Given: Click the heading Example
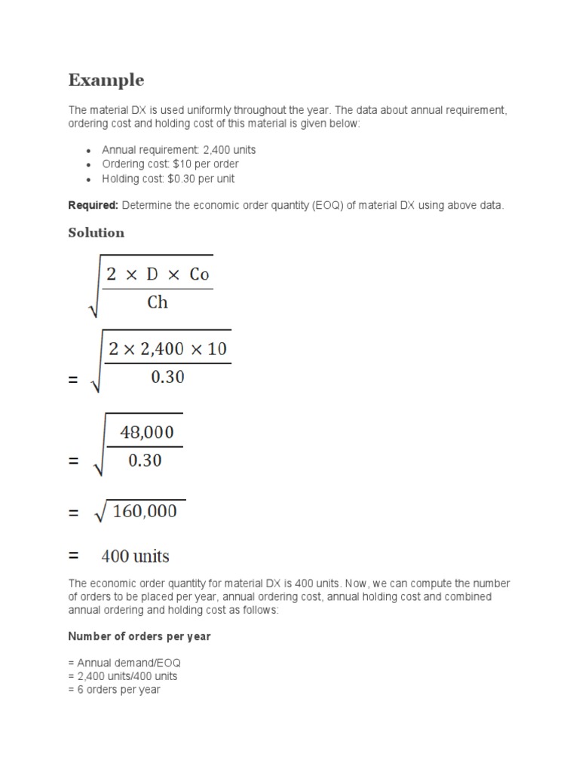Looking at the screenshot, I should (106, 80).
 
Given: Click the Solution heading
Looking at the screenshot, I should (96, 233).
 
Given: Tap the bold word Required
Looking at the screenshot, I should (93, 205).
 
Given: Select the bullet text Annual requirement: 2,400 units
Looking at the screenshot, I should (179, 150).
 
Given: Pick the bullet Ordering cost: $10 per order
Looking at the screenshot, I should (170, 164).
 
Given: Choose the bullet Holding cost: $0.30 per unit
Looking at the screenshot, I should (168, 179).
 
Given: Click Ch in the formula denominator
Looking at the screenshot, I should (158, 303).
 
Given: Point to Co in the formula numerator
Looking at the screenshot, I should (199, 274).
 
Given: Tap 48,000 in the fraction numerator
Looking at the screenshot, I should (147, 433).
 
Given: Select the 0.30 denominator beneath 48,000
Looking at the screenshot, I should (146, 461).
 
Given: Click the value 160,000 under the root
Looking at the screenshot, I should (145, 512).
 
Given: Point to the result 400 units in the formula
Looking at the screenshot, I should (136, 557).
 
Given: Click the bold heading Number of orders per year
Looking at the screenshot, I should (139, 636).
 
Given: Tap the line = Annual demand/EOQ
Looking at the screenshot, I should (124, 663).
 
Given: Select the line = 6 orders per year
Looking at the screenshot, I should (114, 690).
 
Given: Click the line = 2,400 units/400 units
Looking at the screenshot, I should (123, 676).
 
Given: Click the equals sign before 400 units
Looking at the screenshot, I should (73, 556).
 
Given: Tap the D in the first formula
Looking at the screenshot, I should (153, 274).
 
